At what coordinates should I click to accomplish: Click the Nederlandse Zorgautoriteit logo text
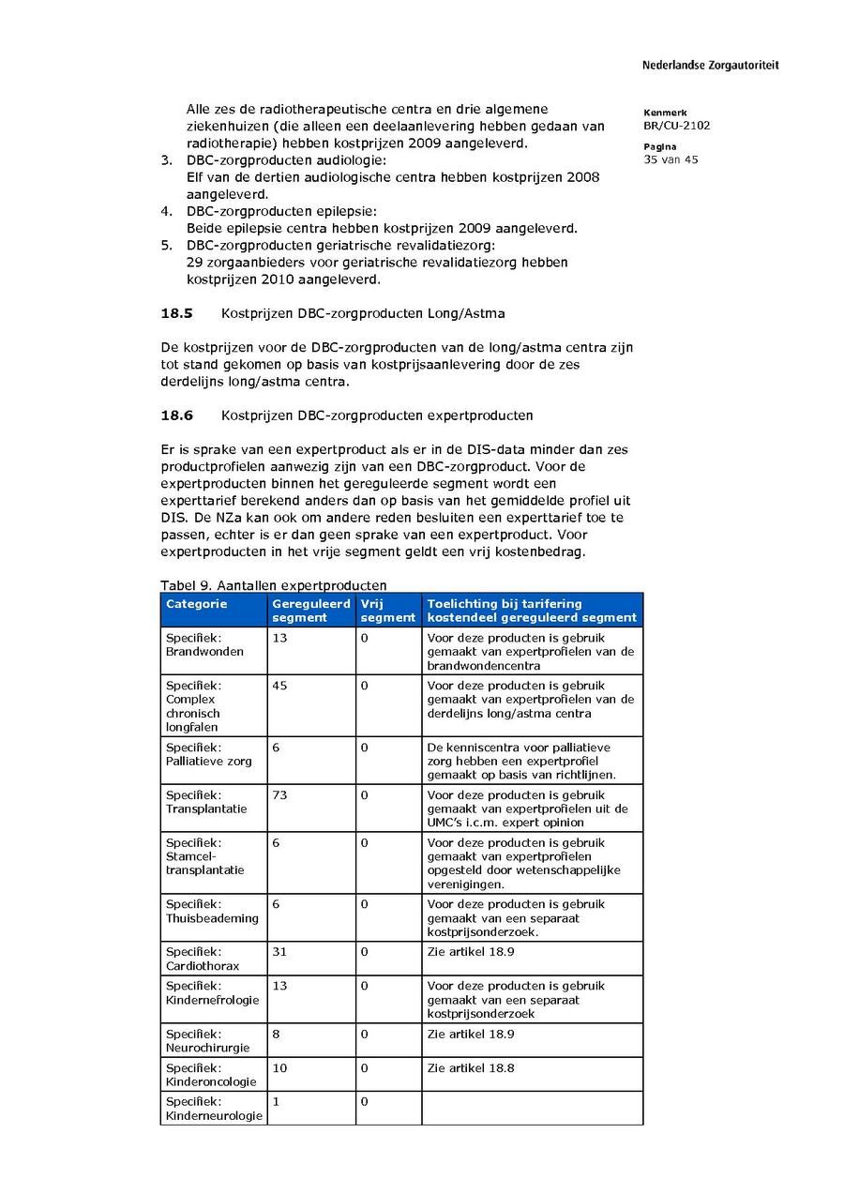710,66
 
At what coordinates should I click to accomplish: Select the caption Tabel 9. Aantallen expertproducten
273,585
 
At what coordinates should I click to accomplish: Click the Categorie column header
197,605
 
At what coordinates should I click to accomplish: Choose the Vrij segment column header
387,611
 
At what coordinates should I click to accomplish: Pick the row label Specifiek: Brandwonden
204,644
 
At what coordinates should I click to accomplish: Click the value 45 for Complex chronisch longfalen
280,686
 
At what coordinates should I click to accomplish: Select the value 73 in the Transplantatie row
280,795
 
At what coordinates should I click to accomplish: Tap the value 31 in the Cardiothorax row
280,952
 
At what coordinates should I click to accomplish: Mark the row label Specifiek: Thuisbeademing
212,912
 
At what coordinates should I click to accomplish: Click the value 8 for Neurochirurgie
277,1035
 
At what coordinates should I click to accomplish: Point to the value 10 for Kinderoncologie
280,1068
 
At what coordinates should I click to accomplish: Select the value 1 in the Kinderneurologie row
277,1102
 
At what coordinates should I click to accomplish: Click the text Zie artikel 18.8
471,1068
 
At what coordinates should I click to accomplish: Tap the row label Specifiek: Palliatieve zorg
208,754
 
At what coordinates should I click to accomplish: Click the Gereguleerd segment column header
310,611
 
